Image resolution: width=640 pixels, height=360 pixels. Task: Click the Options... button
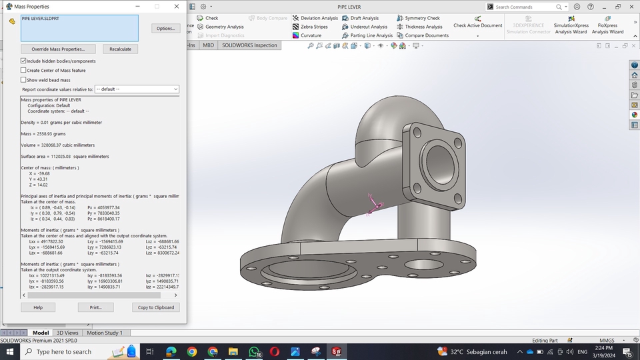click(165, 29)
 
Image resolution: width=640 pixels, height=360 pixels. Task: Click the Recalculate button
click(120, 49)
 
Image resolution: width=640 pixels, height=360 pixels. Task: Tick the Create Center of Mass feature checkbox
click(24, 70)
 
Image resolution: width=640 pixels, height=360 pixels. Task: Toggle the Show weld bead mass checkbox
click(24, 79)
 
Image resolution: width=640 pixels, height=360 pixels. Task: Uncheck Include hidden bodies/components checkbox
click(24, 61)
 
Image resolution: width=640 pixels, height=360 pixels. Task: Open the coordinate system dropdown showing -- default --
click(137, 89)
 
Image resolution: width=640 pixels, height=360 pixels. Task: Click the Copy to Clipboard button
click(156, 307)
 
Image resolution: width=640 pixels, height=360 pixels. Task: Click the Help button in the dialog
click(38, 307)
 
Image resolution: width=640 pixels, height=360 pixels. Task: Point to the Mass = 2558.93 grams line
click(43, 134)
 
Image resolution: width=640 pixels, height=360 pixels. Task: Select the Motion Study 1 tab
click(104, 333)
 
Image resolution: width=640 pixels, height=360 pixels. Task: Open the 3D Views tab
click(67, 333)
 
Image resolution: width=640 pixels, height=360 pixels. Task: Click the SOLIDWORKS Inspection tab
click(249, 45)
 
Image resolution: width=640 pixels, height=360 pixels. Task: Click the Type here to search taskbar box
click(63, 351)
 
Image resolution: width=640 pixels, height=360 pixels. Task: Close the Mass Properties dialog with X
click(177, 6)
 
